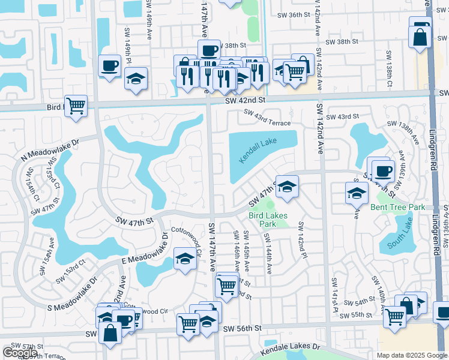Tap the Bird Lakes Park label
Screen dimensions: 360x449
tap(268, 220)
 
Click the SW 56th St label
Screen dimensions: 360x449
tap(243, 329)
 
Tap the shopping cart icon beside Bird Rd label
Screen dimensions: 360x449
tap(76, 106)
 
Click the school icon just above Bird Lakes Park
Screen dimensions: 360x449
tap(288, 187)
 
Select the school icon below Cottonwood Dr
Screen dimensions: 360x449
tap(185, 259)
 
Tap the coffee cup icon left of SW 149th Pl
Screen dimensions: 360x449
tap(110, 65)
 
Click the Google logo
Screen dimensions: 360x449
tap(20, 353)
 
